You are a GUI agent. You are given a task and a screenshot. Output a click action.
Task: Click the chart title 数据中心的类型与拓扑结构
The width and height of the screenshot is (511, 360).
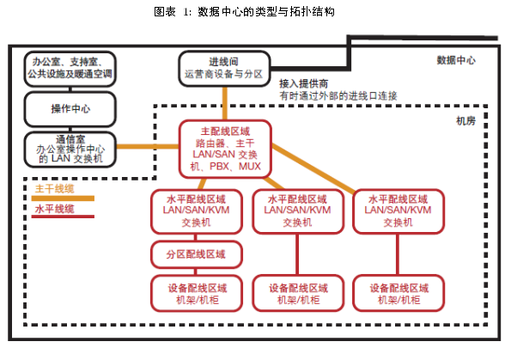coord(266,12)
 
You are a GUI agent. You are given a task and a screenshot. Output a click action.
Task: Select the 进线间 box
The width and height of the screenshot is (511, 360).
coord(224,69)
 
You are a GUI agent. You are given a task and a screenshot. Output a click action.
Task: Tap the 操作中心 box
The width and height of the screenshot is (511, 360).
coord(70,109)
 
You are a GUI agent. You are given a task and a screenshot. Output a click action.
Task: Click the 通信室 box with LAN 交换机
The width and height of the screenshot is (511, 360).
coord(70,149)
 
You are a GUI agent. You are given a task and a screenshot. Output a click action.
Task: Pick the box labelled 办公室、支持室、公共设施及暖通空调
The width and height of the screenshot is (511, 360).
coord(70,69)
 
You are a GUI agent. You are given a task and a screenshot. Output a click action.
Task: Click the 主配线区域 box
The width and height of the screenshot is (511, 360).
coord(225,149)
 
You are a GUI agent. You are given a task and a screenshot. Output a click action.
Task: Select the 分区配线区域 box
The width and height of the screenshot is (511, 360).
coord(196,254)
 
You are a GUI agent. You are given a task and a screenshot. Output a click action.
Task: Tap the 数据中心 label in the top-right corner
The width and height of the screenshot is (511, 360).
coord(456,60)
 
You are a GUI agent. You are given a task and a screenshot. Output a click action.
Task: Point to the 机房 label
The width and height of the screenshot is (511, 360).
coord(465,121)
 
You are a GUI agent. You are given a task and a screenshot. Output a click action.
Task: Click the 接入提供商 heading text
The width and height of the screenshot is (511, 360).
coord(304,84)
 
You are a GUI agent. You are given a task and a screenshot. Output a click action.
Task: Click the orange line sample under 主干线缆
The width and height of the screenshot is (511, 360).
coord(63,198)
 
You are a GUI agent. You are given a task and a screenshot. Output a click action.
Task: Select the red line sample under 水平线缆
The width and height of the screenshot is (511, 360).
coord(63,217)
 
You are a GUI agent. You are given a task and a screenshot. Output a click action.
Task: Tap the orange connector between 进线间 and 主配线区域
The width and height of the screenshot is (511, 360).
coord(225,103)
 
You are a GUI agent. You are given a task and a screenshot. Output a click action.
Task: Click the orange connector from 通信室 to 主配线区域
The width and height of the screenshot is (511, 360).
coord(148,146)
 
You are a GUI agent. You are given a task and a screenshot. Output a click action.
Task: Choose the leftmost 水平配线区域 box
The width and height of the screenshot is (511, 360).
coord(196,211)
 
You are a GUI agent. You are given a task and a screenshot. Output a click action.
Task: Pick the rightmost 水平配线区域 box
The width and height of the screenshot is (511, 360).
coord(398,211)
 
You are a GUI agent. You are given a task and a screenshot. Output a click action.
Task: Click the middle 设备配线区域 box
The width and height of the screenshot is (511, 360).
coord(298,293)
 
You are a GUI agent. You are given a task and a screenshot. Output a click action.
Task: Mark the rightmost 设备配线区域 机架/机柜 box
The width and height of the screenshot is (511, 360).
coord(398,293)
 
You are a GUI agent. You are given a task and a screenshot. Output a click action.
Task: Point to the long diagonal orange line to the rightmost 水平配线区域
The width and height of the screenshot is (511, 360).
coord(313,168)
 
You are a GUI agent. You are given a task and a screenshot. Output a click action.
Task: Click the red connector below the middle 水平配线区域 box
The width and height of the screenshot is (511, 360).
coord(297,254)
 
